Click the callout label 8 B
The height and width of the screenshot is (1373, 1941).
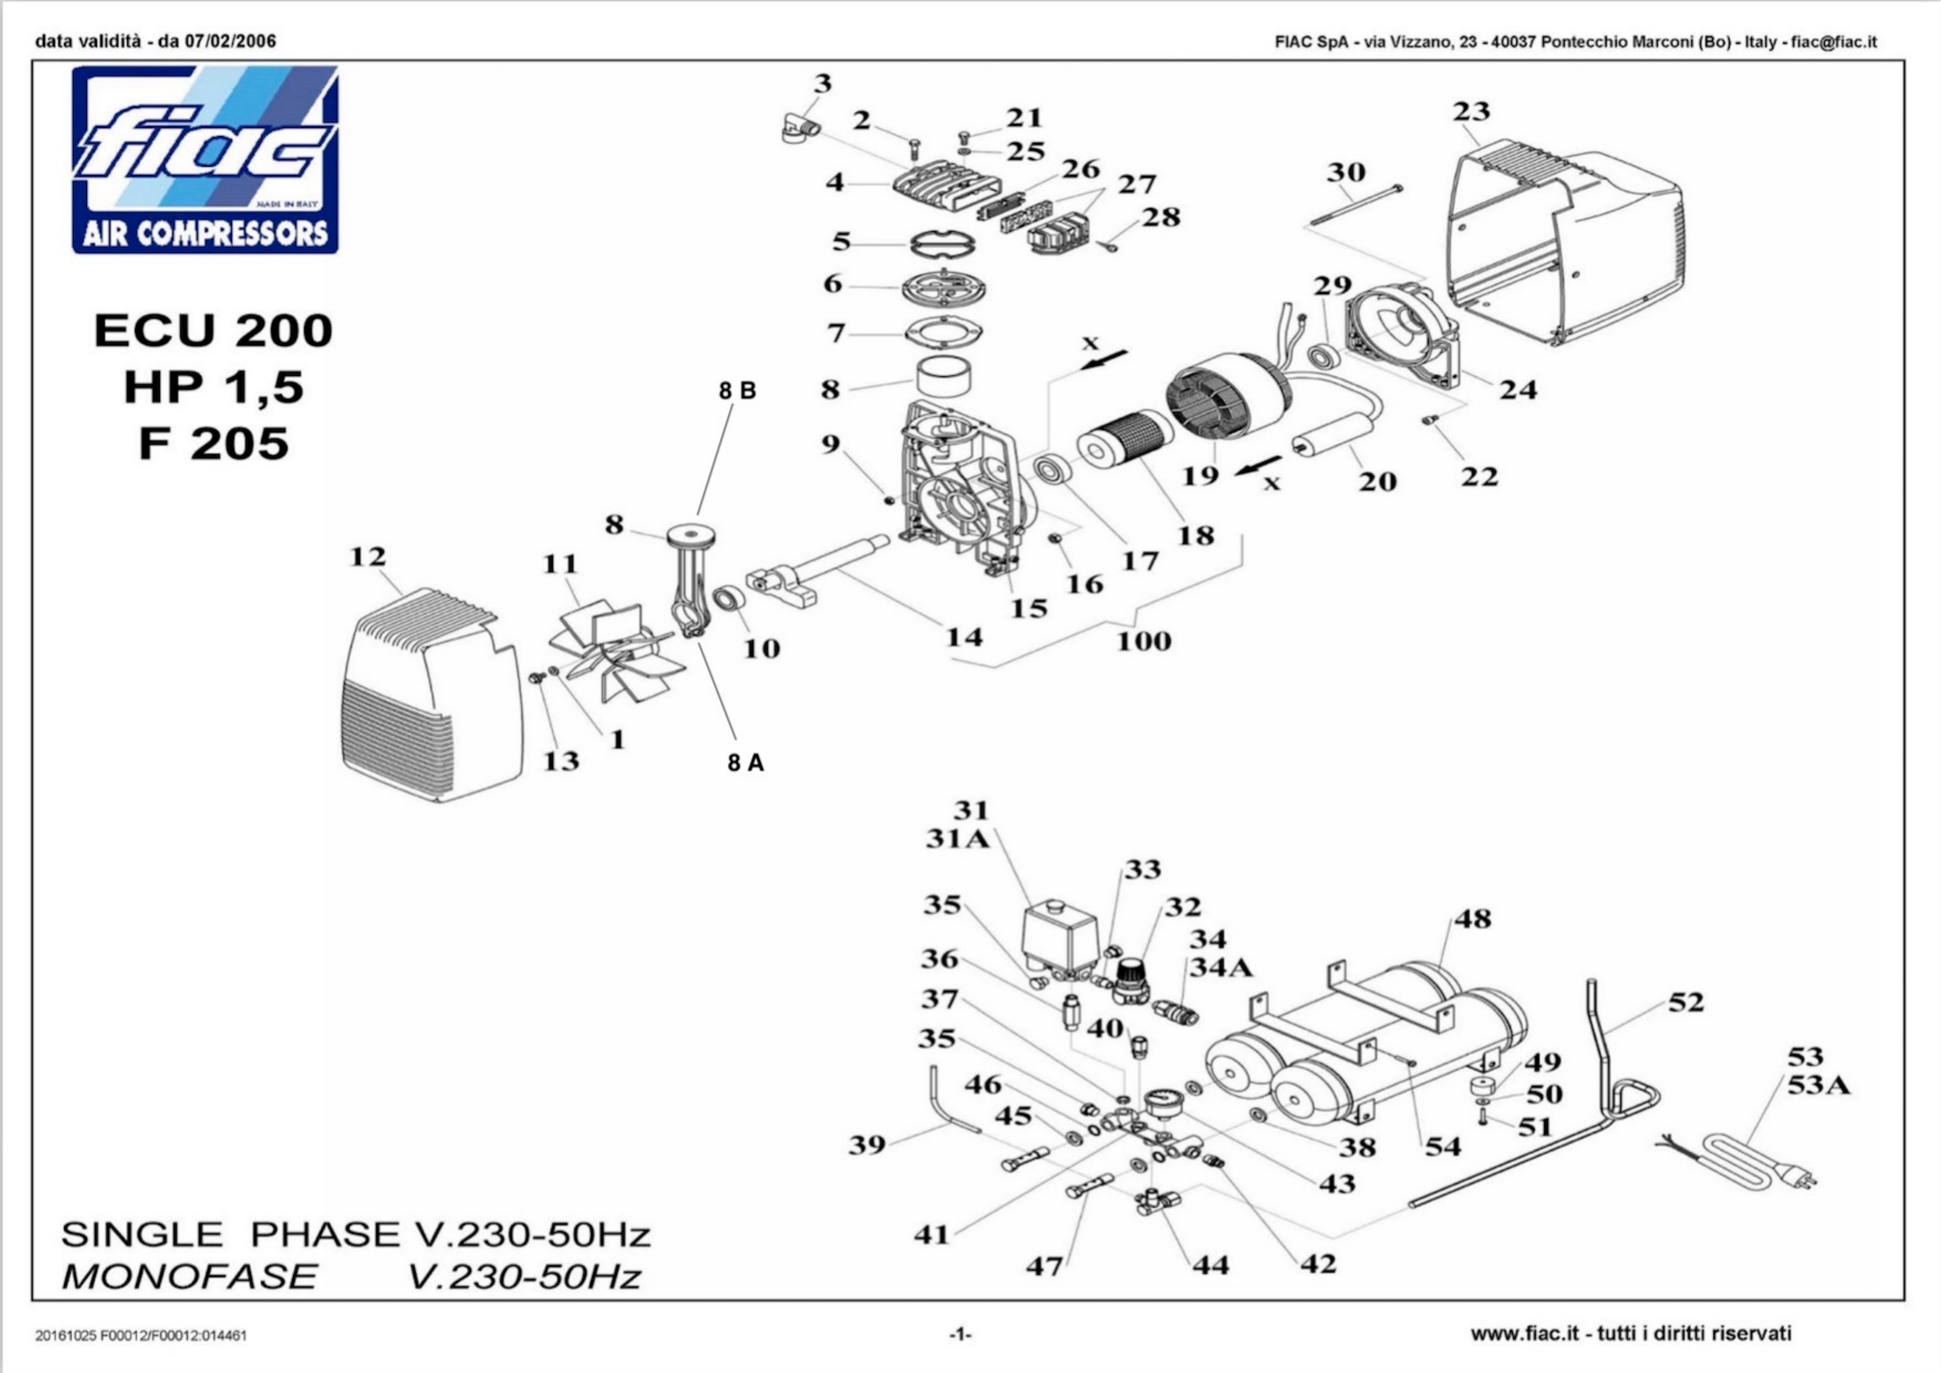coord(737,391)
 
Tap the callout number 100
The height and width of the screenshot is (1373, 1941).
coord(1144,641)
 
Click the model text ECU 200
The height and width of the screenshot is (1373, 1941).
coord(213,330)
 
